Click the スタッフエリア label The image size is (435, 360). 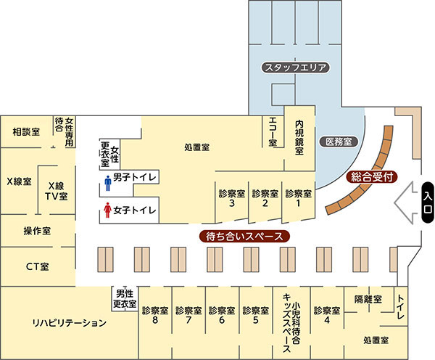[296, 67]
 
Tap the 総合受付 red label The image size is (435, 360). [372, 176]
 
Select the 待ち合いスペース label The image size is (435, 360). [244, 236]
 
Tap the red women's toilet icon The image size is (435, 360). [107, 211]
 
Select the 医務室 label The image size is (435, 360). [338, 141]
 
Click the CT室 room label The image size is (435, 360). [37, 266]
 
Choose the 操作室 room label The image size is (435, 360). [37, 231]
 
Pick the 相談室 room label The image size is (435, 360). [26, 131]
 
